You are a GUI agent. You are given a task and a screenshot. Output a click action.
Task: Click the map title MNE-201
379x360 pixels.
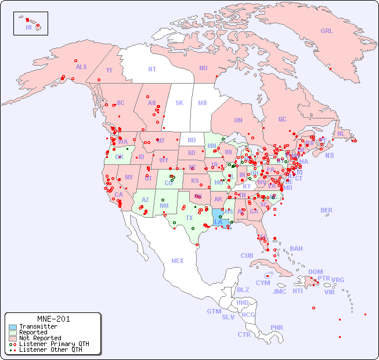(53, 319)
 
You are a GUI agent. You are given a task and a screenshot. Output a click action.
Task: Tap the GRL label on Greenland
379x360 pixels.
(327, 31)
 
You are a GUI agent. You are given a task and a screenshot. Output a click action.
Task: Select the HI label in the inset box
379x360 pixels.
(28, 27)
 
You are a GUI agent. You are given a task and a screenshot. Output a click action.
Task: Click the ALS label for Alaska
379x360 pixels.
(81, 67)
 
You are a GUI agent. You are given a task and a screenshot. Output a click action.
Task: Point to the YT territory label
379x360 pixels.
(109, 70)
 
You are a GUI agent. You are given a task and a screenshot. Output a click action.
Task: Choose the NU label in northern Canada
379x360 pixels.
(203, 68)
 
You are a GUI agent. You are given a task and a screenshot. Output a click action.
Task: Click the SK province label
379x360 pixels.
(179, 103)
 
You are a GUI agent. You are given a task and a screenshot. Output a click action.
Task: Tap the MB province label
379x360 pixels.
(202, 103)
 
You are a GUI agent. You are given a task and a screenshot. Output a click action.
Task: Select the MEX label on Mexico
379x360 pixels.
(178, 261)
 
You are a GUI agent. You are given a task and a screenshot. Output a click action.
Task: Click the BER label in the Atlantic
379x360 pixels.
(327, 210)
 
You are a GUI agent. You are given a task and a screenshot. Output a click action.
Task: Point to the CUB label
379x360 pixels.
(247, 255)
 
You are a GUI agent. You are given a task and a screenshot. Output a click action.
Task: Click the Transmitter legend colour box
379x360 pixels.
(12, 327)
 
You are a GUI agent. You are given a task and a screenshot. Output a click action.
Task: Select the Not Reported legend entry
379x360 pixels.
(39, 338)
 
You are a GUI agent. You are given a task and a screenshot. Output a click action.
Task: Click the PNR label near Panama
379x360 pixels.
(277, 327)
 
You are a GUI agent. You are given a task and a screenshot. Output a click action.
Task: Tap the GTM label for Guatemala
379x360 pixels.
(214, 311)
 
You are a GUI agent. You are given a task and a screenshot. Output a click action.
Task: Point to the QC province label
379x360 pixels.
(282, 119)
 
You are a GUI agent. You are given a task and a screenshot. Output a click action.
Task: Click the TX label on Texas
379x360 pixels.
(189, 218)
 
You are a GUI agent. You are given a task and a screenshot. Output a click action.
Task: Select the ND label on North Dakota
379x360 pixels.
(192, 140)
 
